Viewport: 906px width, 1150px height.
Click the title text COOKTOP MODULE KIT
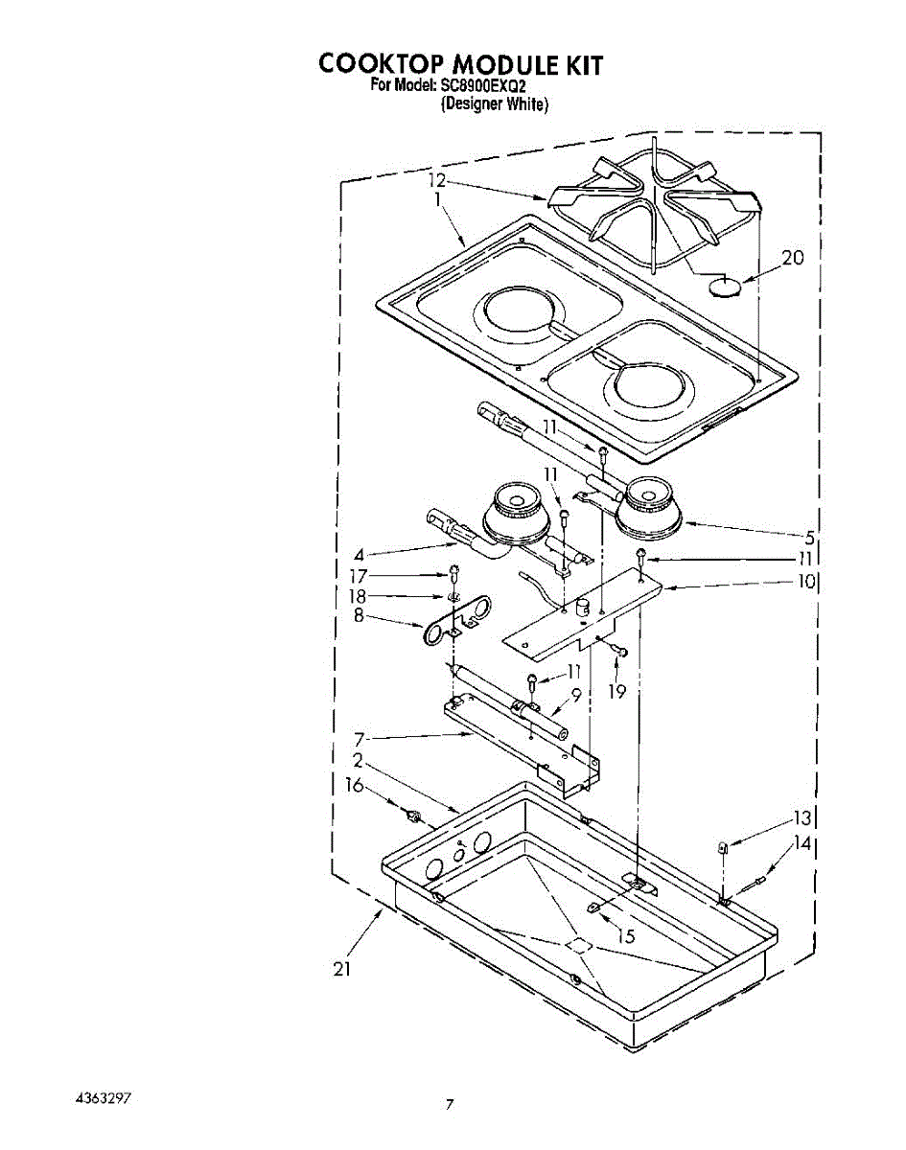(461, 64)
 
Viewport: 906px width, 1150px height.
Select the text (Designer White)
(495, 104)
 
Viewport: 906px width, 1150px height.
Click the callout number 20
(792, 258)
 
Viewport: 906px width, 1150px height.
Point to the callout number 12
(437, 180)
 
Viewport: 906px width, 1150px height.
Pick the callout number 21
(342, 969)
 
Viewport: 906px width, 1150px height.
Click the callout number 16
(354, 786)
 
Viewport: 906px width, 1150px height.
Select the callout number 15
(626, 936)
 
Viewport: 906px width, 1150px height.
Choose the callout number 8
(359, 616)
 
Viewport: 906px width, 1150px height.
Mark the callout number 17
(359, 576)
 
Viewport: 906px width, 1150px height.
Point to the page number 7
(449, 1104)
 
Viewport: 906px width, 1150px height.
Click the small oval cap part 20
(726, 287)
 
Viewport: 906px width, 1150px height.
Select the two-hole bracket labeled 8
(454, 621)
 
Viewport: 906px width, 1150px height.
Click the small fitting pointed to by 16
(415, 816)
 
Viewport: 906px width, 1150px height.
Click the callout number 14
(801, 844)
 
